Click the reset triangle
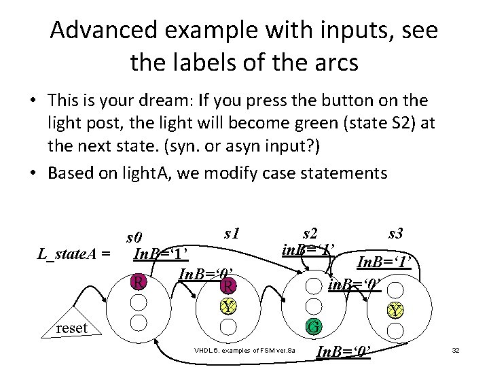(x=72, y=328)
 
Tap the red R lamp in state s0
(x=139, y=281)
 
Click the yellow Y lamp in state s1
(x=230, y=307)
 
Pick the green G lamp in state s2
(x=314, y=327)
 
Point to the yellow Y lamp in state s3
(x=394, y=311)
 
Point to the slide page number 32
(x=456, y=350)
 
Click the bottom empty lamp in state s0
(x=139, y=321)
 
